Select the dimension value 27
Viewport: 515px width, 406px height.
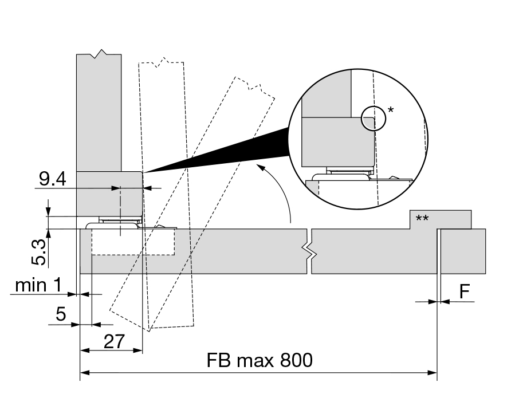(x=115, y=342)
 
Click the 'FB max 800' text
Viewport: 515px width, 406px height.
(x=260, y=361)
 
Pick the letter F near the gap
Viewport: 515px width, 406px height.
(x=465, y=293)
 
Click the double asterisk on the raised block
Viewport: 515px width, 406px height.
(x=423, y=218)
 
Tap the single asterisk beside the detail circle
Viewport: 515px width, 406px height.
(x=391, y=109)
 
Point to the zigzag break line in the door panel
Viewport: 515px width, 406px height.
(x=310, y=251)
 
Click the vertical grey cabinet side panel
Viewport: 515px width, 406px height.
(x=99, y=115)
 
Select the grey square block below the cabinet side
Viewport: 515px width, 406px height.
(x=109, y=193)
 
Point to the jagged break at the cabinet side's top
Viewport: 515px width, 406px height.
(x=100, y=54)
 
